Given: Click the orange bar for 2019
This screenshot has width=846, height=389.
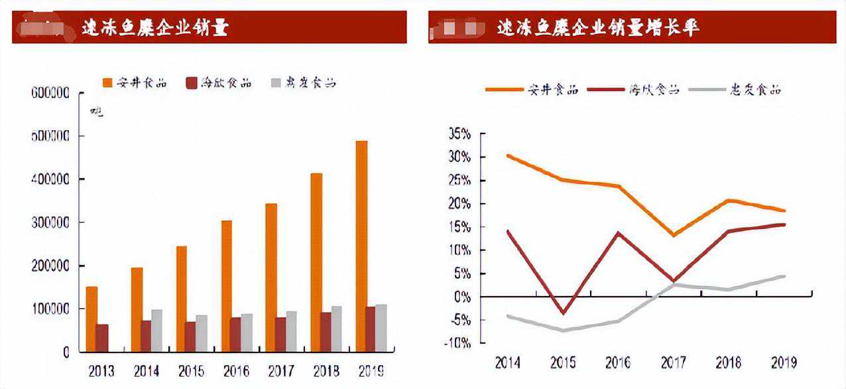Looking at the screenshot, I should (361, 246).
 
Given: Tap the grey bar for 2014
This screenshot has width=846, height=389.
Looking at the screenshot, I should (156, 331).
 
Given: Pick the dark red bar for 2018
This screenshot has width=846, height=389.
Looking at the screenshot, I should (326, 332).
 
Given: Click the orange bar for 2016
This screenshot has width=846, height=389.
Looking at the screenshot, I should (227, 285).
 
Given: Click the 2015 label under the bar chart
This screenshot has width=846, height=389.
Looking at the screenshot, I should (190, 370).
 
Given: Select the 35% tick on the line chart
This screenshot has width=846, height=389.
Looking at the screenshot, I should (459, 134).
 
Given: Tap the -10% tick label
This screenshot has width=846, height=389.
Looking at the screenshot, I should (457, 343).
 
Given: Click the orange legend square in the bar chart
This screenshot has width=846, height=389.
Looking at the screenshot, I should (107, 83).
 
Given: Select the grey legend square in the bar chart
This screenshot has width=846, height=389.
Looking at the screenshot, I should (276, 83).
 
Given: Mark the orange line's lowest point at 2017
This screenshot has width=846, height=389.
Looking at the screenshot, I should (674, 235).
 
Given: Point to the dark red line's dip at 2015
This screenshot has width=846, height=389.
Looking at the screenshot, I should (564, 313).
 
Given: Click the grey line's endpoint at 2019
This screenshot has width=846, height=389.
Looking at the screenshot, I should (784, 276).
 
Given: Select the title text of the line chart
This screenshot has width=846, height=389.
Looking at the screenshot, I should (598, 28).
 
